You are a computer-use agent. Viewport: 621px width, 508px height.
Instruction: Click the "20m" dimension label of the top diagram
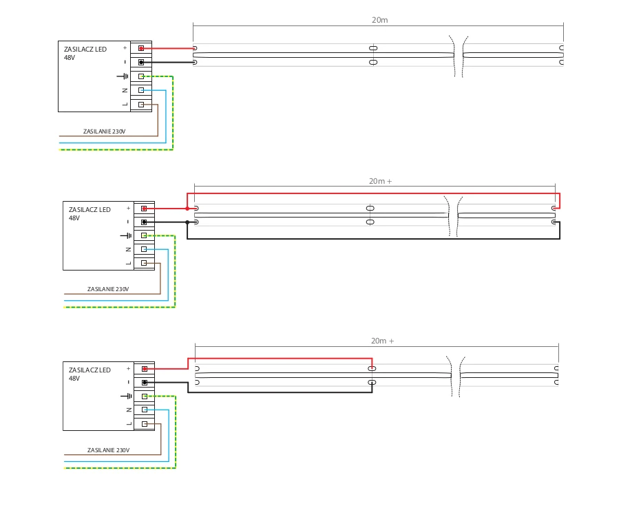tap(379, 20)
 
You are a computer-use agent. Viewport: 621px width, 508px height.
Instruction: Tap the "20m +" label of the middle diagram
tap(380, 181)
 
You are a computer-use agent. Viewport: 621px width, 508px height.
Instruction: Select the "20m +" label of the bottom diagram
tap(382, 341)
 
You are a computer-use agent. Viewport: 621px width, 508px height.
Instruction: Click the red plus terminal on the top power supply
tap(141, 48)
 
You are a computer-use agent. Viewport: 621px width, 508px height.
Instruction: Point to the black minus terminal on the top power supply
tap(141, 62)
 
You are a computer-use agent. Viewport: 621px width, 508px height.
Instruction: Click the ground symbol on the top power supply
tap(123, 76)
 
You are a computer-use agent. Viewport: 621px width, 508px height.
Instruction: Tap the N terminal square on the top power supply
tap(141, 90)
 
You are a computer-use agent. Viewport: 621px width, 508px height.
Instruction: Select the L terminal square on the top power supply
tap(141, 105)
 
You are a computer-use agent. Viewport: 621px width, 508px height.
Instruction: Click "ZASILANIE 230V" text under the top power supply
tap(104, 131)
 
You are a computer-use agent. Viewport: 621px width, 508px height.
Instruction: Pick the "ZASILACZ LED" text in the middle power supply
tap(90, 209)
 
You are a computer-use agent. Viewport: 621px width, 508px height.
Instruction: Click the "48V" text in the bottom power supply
tap(74, 378)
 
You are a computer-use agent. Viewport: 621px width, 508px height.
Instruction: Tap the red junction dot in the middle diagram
tap(187, 209)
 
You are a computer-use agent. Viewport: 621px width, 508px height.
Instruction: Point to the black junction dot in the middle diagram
tap(187, 222)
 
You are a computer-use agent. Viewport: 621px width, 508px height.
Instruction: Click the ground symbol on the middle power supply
tap(126, 235)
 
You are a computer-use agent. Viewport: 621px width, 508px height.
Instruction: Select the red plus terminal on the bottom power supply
tap(145, 369)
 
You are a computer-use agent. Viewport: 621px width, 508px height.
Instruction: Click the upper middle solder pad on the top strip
tap(373, 48)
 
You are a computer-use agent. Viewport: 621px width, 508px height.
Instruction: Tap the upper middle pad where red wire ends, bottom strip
tap(372, 369)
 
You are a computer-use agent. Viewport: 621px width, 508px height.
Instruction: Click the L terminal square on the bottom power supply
tap(145, 423)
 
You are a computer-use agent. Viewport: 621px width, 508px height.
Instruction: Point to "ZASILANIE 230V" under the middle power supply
tap(108, 289)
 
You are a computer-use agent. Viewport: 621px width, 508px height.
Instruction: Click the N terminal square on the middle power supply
tap(144, 249)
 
